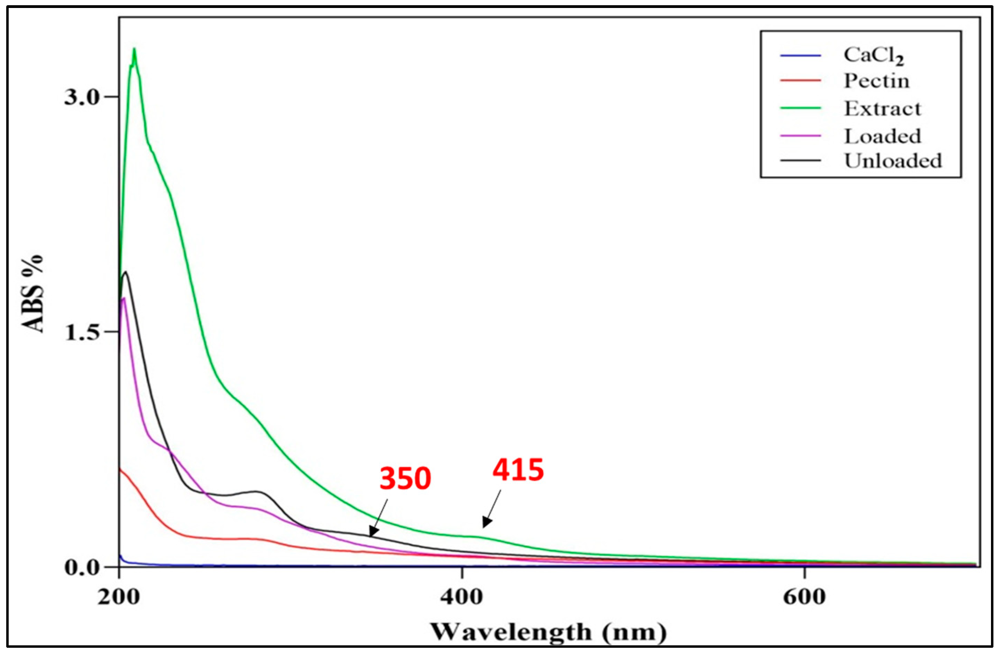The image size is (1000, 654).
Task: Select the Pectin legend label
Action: pos(877,81)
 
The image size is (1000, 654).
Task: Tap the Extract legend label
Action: pos(882,109)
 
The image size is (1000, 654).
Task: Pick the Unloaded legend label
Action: pos(893,161)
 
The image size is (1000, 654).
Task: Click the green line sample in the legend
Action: pos(800,108)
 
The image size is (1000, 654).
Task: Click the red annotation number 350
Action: pos(405,479)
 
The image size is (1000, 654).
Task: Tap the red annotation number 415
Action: pos(518,470)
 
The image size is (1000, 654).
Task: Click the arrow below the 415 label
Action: pos(492,509)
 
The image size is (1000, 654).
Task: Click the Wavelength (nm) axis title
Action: pos(548,632)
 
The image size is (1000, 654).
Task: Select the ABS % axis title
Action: pos(34,294)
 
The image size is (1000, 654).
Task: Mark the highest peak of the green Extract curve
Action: pos(134,50)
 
